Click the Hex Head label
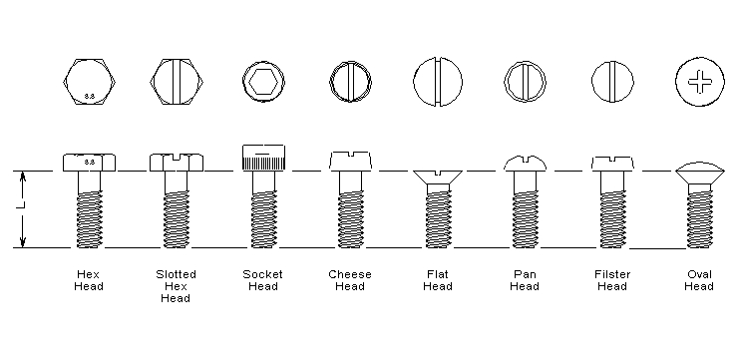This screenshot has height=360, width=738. point(89,280)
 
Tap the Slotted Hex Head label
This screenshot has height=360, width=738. point(176,286)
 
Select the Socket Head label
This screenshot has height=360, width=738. point(262,280)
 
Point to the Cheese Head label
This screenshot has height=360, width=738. point(350,280)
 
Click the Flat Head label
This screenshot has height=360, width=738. point(437,280)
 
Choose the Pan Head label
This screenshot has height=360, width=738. point(524,280)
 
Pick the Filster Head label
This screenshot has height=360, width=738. point(611,280)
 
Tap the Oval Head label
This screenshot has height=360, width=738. point(699,280)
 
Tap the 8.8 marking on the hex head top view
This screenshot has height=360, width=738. point(90,96)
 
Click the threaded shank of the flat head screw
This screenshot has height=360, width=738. point(438,218)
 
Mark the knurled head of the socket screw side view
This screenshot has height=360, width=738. point(263,157)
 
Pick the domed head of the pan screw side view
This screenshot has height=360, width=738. point(525,161)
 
